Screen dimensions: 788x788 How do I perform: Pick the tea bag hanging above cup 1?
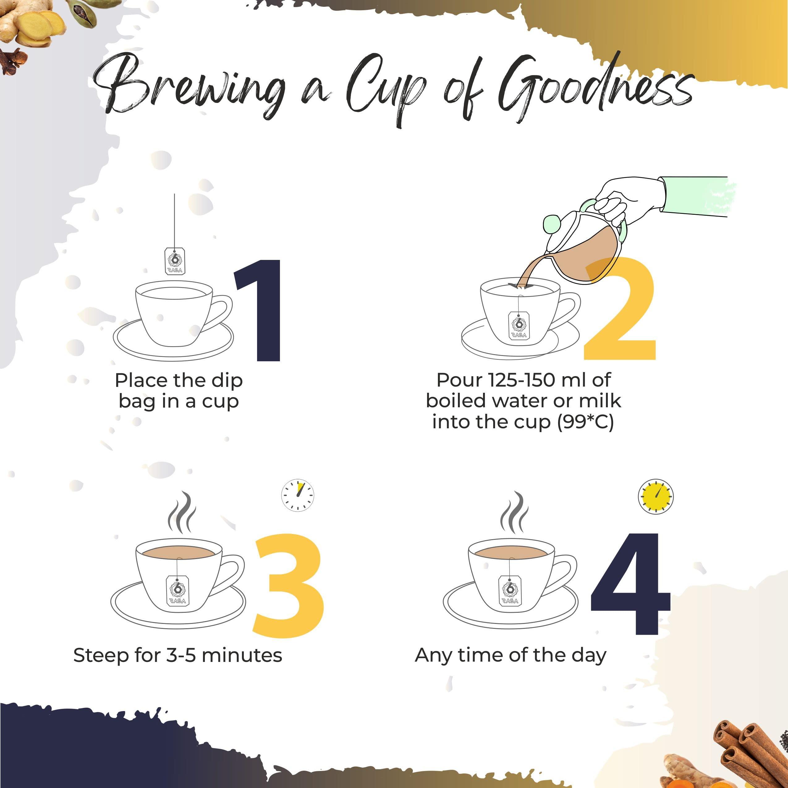coord(175,260)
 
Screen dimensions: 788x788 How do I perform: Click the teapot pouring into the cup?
coord(583,249)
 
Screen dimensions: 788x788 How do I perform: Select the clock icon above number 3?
coord(298,495)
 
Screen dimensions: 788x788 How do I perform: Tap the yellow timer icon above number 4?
coord(655,496)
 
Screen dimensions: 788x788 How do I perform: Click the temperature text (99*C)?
coord(585,422)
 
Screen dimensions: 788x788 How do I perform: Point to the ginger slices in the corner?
coord(35,27)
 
